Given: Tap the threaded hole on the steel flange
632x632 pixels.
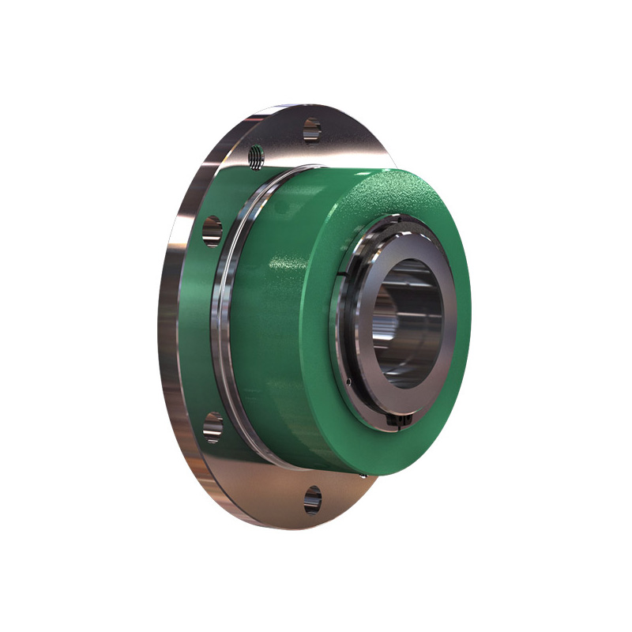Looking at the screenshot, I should pos(254,156).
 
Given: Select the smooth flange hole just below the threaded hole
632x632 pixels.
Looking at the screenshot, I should pos(212,231).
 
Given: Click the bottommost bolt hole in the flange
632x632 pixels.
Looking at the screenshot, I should pos(313,499).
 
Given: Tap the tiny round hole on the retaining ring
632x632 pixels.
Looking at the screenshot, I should pos(348,382).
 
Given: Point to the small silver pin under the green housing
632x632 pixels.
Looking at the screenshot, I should pos(363,475).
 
